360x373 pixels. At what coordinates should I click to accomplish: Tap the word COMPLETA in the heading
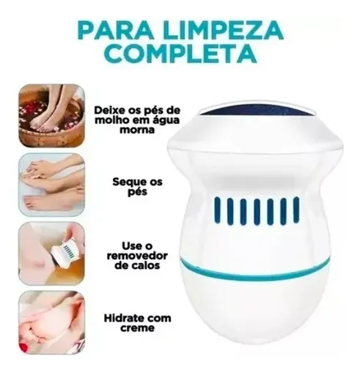click(182, 53)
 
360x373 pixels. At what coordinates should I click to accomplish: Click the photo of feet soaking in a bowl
click(52, 116)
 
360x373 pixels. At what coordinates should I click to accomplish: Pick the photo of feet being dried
click(52, 185)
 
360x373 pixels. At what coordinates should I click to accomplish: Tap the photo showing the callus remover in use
click(52, 254)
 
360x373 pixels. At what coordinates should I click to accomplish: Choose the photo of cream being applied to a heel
click(52, 322)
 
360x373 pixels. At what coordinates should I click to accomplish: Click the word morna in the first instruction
click(137, 130)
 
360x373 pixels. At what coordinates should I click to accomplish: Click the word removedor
click(137, 256)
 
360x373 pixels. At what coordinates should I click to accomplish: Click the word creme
click(137, 328)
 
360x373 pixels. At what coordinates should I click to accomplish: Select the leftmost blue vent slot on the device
click(217, 210)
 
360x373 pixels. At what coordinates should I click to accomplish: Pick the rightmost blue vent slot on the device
click(296, 210)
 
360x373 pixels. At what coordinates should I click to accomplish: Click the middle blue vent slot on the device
click(257, 212)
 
